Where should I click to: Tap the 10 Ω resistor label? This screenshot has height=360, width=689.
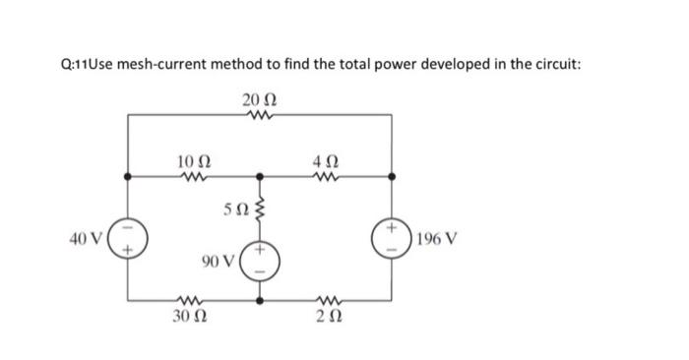[x=192, y=161]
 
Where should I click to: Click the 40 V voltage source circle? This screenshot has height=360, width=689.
[x=133, y=239]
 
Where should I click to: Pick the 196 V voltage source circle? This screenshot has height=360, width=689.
[x=393, y=239]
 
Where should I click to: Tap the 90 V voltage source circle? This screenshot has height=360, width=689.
[x=261, y=261]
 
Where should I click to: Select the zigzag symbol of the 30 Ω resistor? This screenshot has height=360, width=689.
[x=192, y=300]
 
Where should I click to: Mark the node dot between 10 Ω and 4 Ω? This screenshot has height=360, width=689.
[x=261, y=178]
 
